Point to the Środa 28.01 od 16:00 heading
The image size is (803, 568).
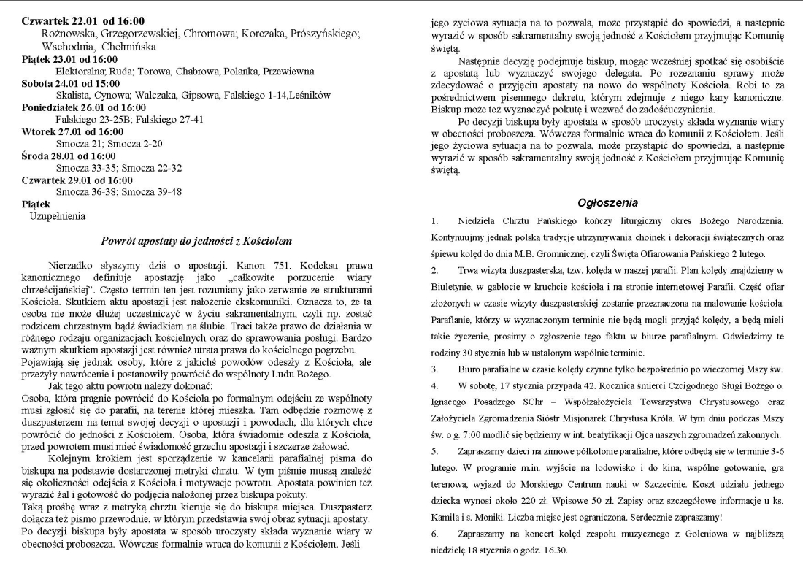[x=69, y=156]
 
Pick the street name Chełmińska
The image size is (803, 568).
[x=135, y=47]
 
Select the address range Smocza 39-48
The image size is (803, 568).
[x=158, y=191]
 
